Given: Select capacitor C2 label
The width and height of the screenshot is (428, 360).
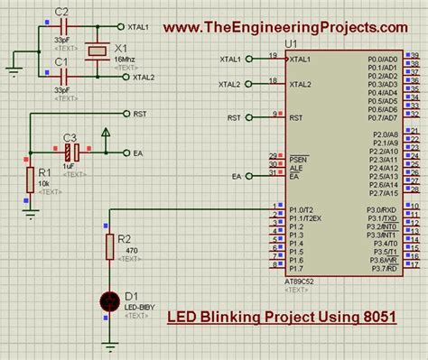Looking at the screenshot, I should (x=61, y=11).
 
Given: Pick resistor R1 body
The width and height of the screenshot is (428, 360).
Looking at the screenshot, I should (x=30, y=179).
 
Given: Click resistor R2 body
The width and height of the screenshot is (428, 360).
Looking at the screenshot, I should (x=110, y=245).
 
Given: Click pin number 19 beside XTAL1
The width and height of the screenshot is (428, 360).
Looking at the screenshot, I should (x=272, y=55).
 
